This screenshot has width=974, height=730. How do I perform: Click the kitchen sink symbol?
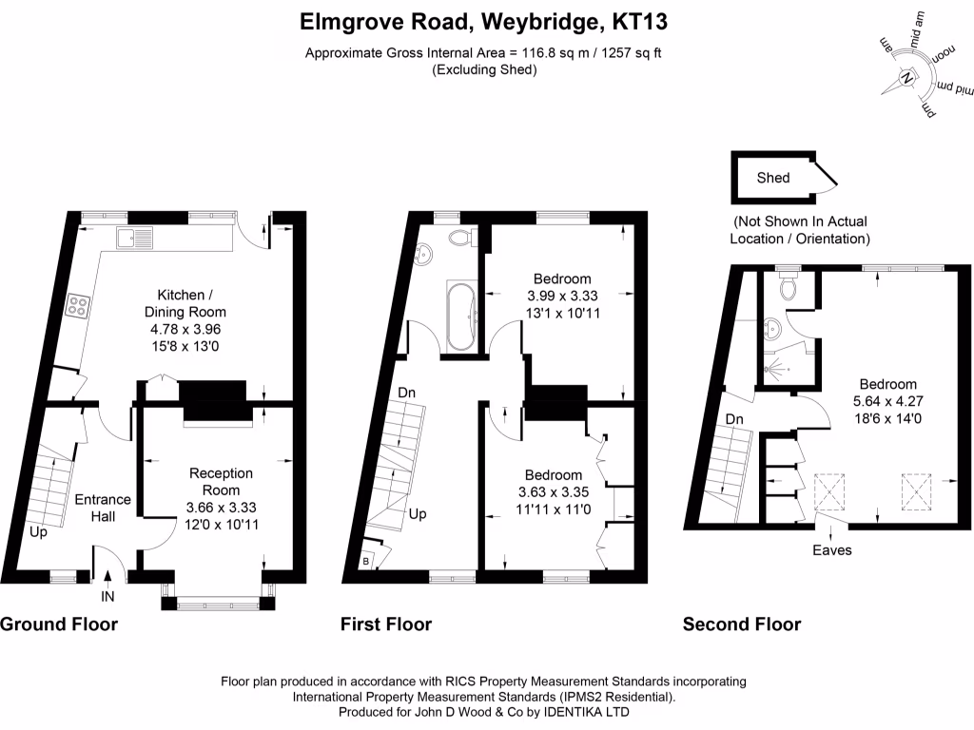133,238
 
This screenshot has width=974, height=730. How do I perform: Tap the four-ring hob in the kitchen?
77,306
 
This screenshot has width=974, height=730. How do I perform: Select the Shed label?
772,178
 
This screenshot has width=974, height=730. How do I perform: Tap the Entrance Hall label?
103,508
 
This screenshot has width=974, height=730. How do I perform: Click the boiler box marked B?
366,562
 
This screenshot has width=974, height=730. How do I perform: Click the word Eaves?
831,549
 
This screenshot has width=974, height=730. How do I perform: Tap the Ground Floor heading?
59,624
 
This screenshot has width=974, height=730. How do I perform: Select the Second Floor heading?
742,624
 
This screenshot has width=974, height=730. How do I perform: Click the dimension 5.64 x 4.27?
887,402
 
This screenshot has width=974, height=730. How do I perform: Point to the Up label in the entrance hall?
39,532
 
